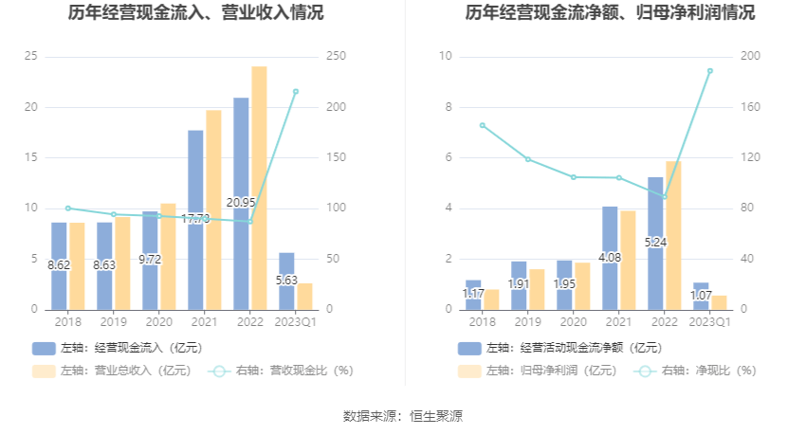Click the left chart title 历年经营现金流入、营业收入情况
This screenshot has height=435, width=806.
tap(195, 13)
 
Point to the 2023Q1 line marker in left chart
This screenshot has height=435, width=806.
tap(295, 91)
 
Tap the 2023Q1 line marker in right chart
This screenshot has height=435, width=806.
tap(709, 71)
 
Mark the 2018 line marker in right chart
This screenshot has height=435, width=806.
tap(482, 125)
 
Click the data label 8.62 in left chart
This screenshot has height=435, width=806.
tap(59, 265)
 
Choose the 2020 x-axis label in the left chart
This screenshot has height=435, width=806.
tap(159, 322)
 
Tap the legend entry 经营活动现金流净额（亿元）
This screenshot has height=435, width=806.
tap(559, 348)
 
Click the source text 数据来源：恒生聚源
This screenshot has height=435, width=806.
tap(403, 415)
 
